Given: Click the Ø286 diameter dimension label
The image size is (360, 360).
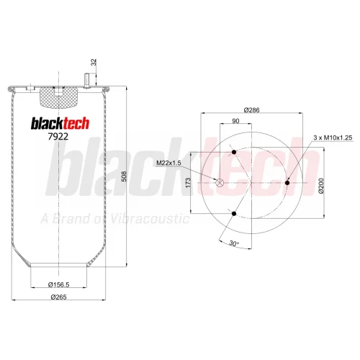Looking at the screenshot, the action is (251, 110).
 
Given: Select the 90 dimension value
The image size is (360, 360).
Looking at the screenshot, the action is (235, 121).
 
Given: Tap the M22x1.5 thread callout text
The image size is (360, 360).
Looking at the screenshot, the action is (168, 163).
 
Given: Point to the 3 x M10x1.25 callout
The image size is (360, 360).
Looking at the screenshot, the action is (333, 138).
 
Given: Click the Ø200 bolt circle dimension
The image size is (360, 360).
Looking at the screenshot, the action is (322, 186).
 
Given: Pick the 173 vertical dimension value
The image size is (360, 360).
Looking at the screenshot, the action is (188, 183).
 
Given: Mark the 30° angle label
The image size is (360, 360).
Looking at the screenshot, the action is (234, 243).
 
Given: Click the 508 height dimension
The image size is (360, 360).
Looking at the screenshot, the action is (125, 176).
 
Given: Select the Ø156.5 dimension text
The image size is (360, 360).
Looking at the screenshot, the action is (59, 284).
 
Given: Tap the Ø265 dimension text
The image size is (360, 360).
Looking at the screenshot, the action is (59, 297).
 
